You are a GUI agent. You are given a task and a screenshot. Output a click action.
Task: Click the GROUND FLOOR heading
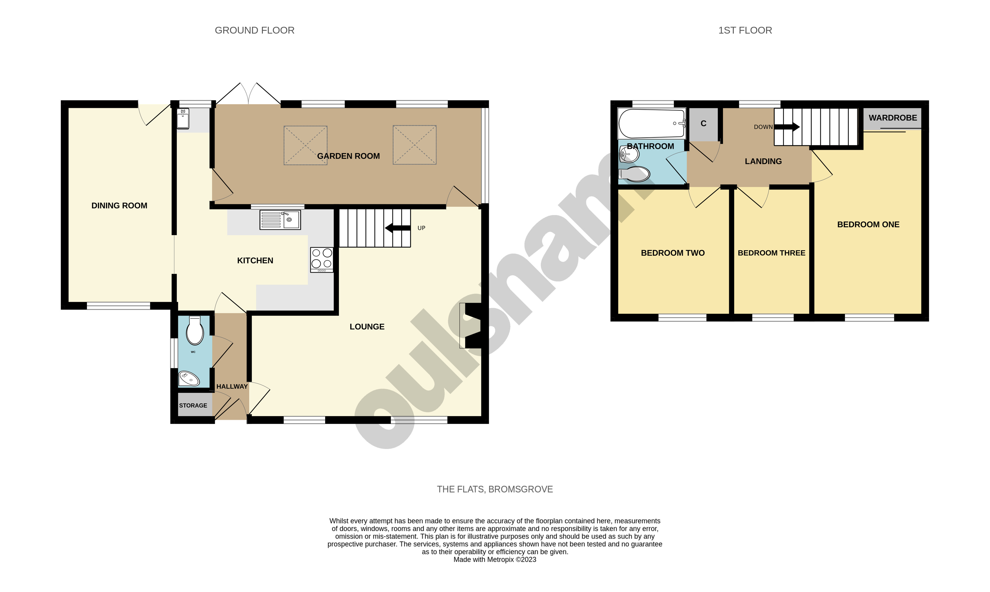click(255, 30)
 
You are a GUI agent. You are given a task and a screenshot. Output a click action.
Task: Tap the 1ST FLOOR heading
click(745, 30)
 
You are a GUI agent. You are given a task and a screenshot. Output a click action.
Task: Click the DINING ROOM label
click(119, 205)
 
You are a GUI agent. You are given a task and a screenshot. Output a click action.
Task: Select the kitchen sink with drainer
click(280, 220)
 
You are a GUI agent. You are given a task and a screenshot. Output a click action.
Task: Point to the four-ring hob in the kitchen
click(322, 259)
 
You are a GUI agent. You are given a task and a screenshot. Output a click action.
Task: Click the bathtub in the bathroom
click(651, 123)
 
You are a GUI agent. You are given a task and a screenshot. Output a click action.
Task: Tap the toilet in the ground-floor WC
click(195, 331)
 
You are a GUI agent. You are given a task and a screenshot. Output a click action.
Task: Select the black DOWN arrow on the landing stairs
click(787, 127)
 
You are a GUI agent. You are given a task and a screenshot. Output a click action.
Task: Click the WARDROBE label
click(893, 118)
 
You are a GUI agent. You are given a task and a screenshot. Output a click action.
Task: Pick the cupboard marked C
click(703, 124)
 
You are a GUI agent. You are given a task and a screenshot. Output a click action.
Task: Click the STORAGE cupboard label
click(193, 405)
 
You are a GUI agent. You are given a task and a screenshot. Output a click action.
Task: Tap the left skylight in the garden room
click(305, 145)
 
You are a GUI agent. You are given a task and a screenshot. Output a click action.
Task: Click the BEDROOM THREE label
click(771, 253)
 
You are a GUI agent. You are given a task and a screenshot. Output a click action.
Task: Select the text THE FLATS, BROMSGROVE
click(495, 489)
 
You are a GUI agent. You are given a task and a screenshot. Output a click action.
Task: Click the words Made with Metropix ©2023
click(495, 560)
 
